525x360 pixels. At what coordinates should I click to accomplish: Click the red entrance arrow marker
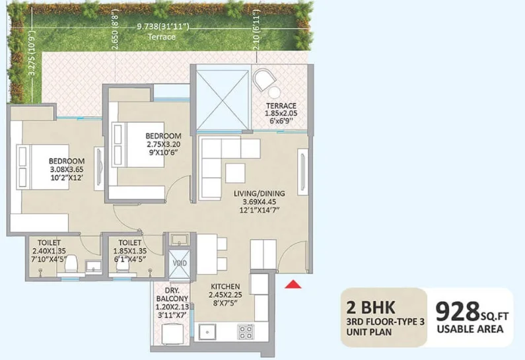coord(293,284)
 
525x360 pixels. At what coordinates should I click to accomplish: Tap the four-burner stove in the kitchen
coord(246,332)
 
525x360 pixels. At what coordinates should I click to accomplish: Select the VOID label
coord(180,263)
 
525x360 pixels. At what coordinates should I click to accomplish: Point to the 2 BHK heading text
coord(370,307)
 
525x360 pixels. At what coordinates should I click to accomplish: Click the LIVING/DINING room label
coord(260,194)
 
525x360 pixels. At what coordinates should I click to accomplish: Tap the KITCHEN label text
coord(225,287)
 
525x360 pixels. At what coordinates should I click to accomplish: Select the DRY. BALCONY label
coord(172,295)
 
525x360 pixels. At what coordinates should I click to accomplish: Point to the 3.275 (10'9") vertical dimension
coord(32,54)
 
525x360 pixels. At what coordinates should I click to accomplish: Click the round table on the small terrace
coord(274,92)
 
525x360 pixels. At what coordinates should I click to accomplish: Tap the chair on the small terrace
coord(264,79)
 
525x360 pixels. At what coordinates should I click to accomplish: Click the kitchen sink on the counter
coord(207,332)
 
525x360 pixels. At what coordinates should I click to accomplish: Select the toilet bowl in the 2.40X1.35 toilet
coord(71,265)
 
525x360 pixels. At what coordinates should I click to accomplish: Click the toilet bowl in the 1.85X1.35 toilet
coord(123,266)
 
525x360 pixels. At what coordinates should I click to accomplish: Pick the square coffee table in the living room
coord(235,173)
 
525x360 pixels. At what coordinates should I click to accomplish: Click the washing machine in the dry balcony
coord(173,334)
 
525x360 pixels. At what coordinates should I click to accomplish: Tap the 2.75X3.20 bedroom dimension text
coord(164,145)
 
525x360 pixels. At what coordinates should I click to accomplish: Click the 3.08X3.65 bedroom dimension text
coord(67,169)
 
